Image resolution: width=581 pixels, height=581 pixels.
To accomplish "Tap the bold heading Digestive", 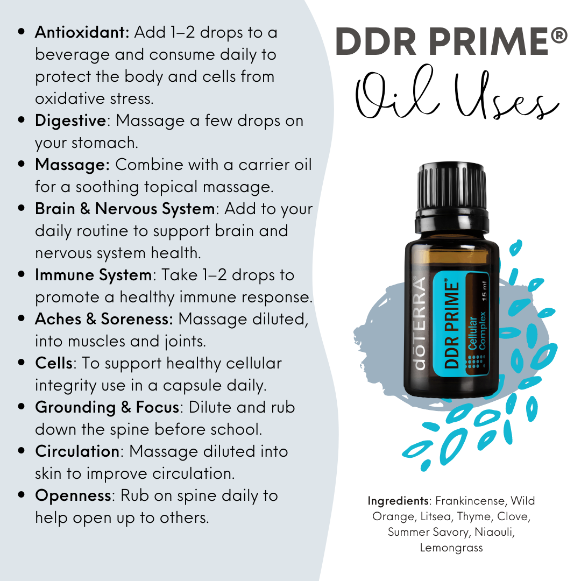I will point(70,121).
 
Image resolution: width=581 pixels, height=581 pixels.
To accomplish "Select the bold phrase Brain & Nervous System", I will point(125,209).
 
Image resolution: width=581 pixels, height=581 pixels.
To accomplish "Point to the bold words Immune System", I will point(94,275).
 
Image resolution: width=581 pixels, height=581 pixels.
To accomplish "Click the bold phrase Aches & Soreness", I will point(104,319).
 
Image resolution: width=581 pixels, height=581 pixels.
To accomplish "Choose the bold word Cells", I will point(53,363).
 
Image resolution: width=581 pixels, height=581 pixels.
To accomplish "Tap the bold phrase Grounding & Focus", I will point(107,407).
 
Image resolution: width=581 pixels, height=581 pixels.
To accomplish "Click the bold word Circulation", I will point(77,451).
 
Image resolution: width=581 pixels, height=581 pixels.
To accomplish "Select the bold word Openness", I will point(73,495).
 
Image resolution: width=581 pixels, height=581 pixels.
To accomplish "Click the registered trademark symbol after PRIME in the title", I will point(559,38).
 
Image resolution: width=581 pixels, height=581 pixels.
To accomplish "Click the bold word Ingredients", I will point(398,501).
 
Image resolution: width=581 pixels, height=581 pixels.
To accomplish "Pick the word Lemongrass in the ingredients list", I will point(451,548).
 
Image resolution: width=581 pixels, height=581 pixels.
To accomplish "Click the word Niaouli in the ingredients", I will point(500,532).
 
